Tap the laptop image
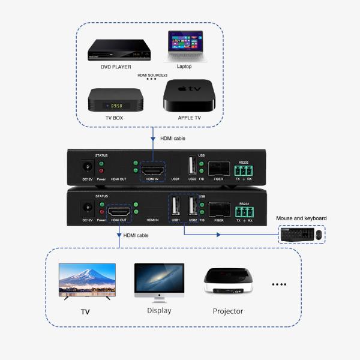tap(185, 46)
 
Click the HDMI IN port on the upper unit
tap(152, 167)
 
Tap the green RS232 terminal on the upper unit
tap(244, 167)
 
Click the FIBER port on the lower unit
tap(219, 210)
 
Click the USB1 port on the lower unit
tap(176, 208)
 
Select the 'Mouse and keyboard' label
tap(301, 218)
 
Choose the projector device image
tap(227, 280)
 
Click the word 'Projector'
tap(228, 311)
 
